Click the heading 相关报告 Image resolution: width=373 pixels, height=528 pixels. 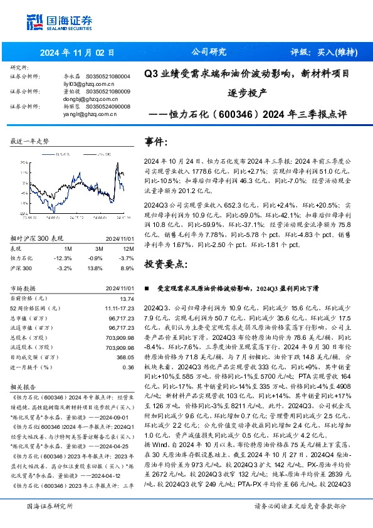(x=24, y=388)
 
